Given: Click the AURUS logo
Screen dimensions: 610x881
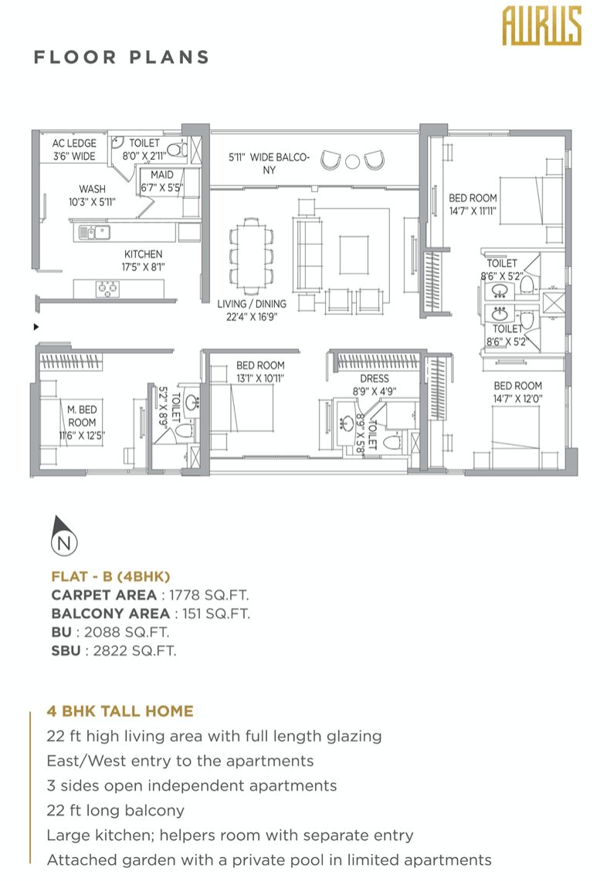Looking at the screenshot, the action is click(x=541, y=26).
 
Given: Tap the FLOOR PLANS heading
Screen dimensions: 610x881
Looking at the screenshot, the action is click(x=121, y=57).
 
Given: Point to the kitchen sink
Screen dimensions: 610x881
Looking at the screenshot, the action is click(x=94, y=232).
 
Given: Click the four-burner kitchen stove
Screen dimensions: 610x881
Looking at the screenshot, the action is click(x=107, y=289).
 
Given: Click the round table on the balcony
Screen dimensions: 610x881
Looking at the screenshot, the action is click(x=352, y=162).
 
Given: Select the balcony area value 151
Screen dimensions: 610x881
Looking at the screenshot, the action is click(x=191, y=614).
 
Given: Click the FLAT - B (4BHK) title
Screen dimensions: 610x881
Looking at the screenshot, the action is click(x=110, y=576).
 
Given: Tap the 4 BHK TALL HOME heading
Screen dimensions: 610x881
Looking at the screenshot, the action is click(x=120, y=711).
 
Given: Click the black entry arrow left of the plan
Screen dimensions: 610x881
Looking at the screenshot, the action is click(x=36, y=326).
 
